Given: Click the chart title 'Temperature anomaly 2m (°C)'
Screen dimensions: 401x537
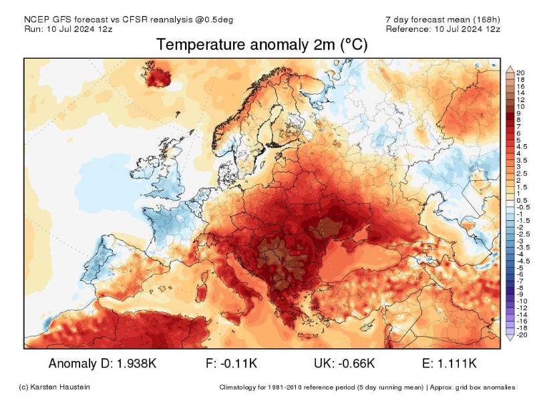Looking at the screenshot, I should click(262, 45).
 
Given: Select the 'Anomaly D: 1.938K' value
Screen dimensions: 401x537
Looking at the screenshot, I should click(104, 364).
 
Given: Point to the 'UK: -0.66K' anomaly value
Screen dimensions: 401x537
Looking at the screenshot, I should click(344, 364).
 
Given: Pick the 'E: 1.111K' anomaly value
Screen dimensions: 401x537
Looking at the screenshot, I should click(450, 364).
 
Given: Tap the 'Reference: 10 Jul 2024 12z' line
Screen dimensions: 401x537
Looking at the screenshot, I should click(443, 29).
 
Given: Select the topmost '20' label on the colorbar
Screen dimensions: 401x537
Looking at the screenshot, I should click(520, 73).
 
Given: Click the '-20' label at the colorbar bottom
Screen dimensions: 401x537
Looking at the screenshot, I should click(521, 335).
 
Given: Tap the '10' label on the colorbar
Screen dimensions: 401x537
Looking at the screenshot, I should click(520, 107).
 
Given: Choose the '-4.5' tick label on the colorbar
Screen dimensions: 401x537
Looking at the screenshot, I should click(523, 261).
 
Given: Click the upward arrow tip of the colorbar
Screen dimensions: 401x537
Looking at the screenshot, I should click(510, 68).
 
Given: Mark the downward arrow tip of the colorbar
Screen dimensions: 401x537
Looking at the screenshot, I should click(510, 340).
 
